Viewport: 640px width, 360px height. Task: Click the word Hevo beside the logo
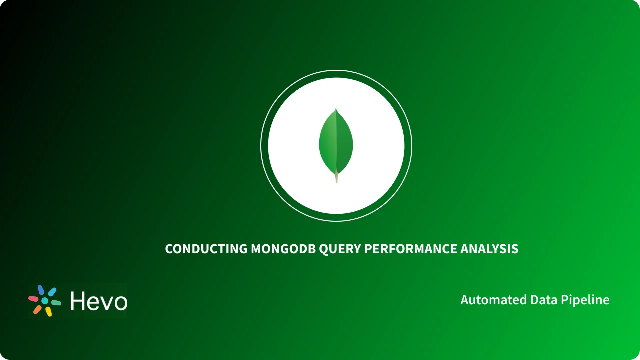click(x=98, y=301)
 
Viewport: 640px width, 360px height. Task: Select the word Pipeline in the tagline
click(x=585, y=300)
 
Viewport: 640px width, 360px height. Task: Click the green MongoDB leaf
click(x=336, y=142)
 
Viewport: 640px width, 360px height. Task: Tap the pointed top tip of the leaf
click(x=336, y=109)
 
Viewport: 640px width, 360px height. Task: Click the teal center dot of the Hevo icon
click(x=45, y=301)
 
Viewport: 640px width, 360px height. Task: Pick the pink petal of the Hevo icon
click(x=33, y=299)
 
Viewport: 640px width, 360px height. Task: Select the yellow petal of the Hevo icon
click(x=48, y=312)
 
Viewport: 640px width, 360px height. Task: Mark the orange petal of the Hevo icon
click(x=37, y=309)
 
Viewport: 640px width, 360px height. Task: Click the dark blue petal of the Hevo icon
click(x=41, y=290)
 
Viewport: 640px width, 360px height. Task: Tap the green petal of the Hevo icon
click(x=56, y=303)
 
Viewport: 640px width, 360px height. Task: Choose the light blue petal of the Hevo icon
click(x=52, y=292)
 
